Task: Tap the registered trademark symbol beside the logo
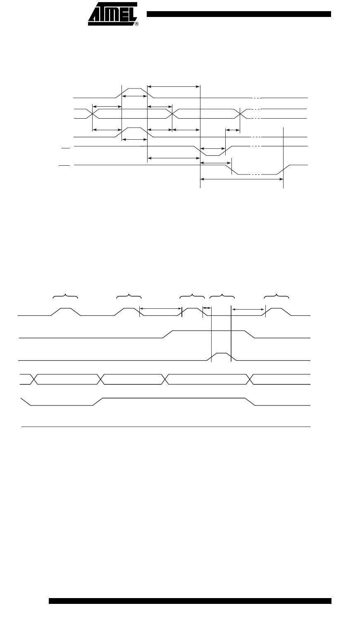click(137, 24)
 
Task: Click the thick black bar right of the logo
click(239, 14)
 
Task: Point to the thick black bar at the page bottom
click(190, 601)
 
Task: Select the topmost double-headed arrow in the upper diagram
click(174, 86)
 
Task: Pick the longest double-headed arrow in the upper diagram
click(242, 179)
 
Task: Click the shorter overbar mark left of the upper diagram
click(64, 146)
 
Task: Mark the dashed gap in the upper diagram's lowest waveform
click(256, 175)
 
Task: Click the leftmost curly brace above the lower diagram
click(66, 296)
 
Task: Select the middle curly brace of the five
click(193, 296)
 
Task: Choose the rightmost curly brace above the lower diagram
click(277, 296)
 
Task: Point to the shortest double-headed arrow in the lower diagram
click(207, 308)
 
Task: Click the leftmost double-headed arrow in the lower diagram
click(161, 308)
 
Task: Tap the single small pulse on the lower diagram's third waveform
click(222, 354)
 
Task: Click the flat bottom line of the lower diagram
click(165, 426)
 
